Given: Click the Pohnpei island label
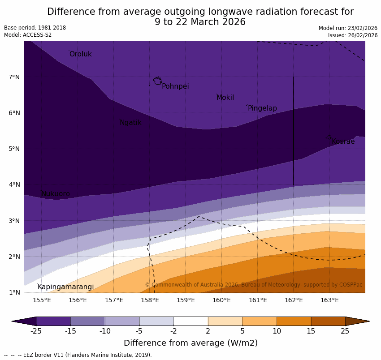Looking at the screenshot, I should point(175,86).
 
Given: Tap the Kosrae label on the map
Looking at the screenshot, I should point(343,141).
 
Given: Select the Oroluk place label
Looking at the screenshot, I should point(80,54).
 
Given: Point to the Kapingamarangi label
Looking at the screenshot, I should point(65,287).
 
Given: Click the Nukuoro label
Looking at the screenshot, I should point(56,194).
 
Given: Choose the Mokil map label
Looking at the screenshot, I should point(225,98).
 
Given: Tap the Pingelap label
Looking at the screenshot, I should point(262,108).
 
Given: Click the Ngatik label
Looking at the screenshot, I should point(130,123).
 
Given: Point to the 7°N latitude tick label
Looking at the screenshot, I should point(14,77).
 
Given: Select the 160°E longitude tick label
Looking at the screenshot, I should point(221,300).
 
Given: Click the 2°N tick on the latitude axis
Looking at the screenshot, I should point(14,257).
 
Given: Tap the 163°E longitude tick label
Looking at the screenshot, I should point(329,300).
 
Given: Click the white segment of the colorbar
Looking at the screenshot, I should point(190,321).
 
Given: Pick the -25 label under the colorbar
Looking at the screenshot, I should point(36,331).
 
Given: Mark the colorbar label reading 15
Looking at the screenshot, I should point(311,331).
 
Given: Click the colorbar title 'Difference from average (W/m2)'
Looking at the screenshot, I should point(190,343).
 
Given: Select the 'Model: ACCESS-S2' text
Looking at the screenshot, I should point(28,35).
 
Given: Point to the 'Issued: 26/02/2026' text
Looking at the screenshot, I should point(353,35).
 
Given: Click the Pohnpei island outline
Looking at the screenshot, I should point(157,81).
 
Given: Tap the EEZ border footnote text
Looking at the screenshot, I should point(78,355).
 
